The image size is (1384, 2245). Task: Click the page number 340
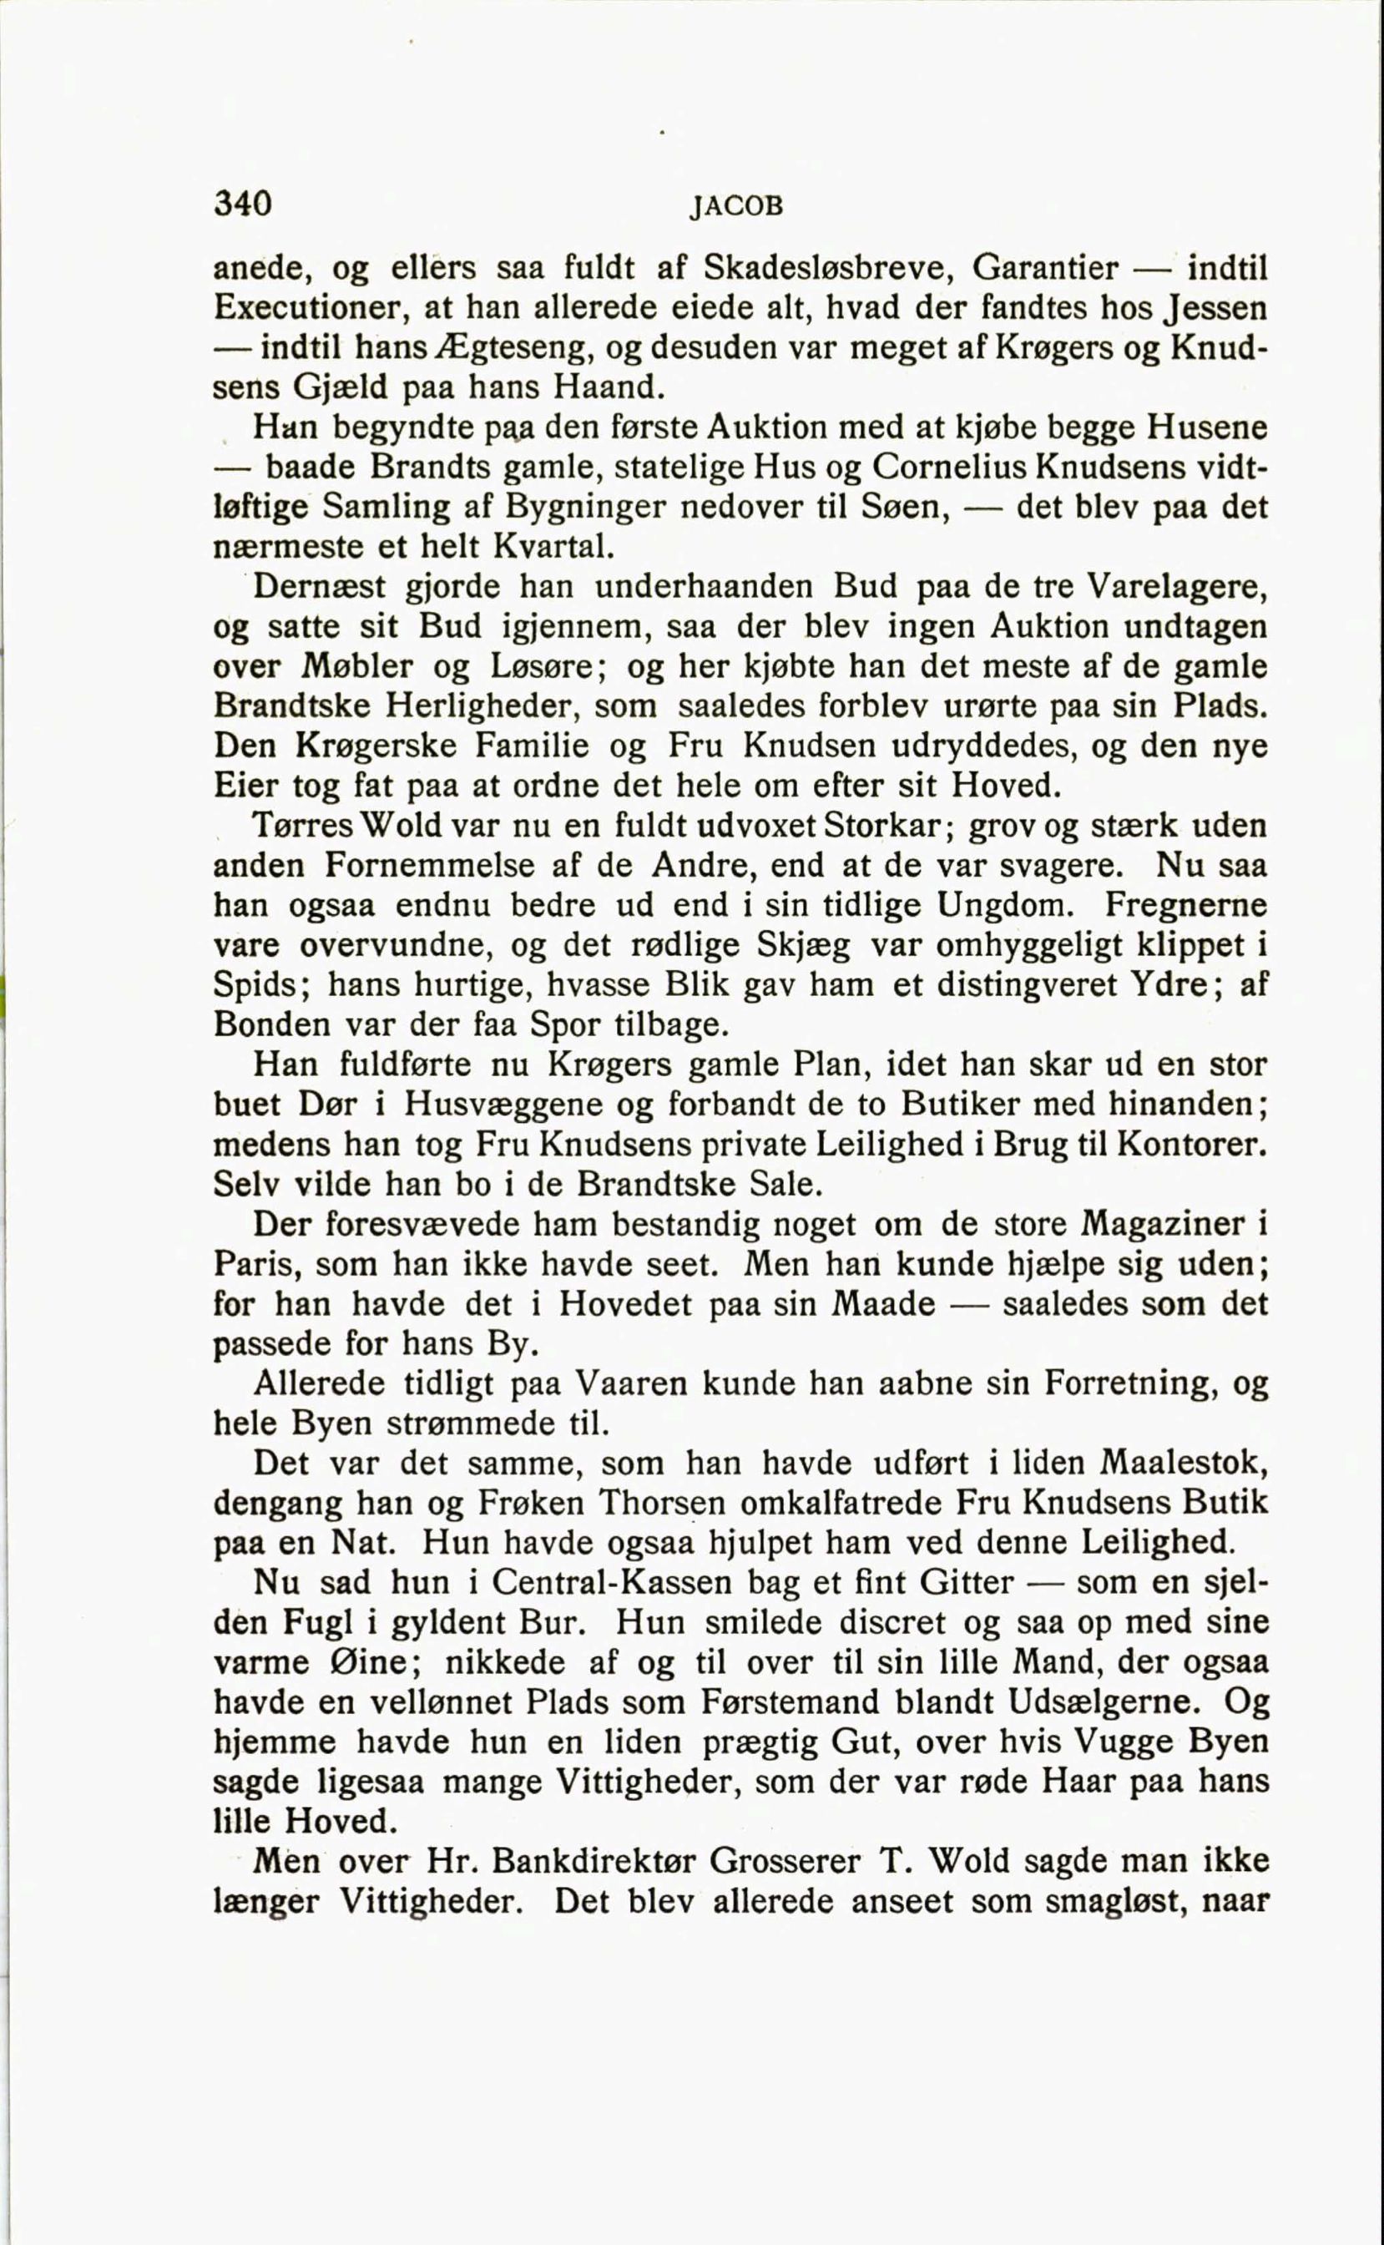243,202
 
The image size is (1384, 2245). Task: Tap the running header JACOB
736,207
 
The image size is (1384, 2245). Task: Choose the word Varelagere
1174,587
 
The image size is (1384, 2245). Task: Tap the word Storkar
882,826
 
